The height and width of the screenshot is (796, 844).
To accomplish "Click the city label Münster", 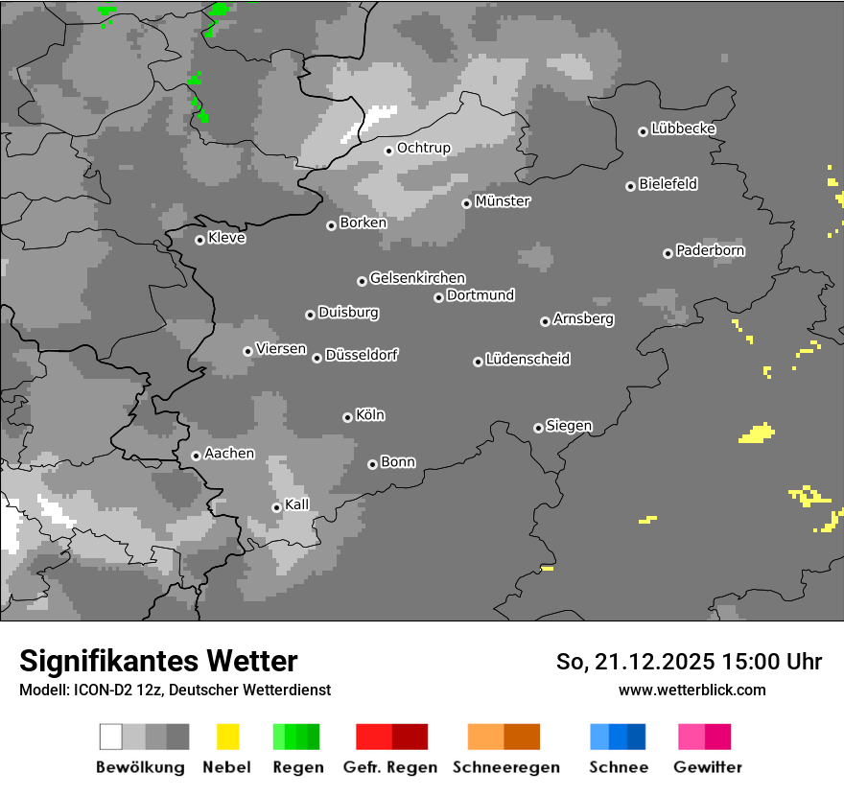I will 502,201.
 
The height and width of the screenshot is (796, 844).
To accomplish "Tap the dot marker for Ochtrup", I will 388,150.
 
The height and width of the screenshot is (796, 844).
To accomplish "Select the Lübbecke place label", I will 683,129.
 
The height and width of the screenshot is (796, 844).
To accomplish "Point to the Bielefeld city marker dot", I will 630,186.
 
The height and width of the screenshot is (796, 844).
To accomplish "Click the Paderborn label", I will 710,250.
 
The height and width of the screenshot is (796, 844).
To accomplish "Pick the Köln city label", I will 369,415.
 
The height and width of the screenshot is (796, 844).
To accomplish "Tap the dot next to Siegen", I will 538,428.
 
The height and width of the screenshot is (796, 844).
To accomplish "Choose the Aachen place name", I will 229,454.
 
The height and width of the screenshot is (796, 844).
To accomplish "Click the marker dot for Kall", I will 276,507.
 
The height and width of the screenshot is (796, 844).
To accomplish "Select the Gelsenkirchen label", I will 417,278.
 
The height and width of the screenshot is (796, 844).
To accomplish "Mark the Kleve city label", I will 226,238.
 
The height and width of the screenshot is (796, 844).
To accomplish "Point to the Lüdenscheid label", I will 527,360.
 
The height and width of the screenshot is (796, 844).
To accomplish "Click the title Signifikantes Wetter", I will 158,661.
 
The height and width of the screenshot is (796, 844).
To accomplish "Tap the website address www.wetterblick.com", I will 692,690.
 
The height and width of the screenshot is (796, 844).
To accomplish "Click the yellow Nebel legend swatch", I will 227,737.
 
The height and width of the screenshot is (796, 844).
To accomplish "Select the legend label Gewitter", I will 707,767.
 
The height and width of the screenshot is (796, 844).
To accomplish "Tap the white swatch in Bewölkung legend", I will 111,737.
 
